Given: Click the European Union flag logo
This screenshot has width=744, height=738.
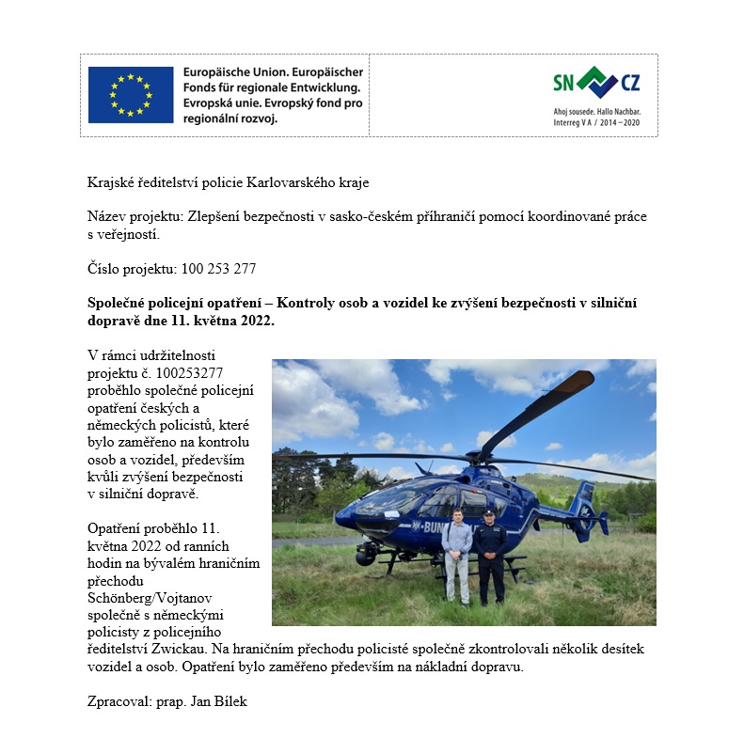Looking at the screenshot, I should [x=131, y=95].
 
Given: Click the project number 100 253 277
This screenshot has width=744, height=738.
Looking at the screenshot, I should [x=217, y=269].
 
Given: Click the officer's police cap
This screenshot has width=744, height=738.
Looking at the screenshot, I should [x=488, y=513].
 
